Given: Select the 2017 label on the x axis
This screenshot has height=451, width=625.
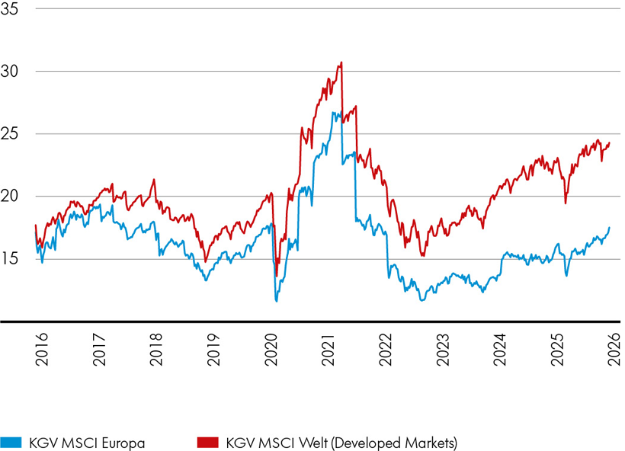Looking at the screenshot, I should coord(98,349).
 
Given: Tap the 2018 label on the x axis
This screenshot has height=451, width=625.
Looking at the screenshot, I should coord(155,349).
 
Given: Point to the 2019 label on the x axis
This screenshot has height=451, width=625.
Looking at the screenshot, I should coord(213,349).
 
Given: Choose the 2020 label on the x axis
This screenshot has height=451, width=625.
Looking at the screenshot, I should coord(270,349).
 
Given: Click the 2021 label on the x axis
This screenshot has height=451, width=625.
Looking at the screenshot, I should coord(328,349).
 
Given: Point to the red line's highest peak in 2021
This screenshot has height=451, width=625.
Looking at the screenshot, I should coord(341,62).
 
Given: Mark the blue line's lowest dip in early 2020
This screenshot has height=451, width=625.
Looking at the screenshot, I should coord(276,301).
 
